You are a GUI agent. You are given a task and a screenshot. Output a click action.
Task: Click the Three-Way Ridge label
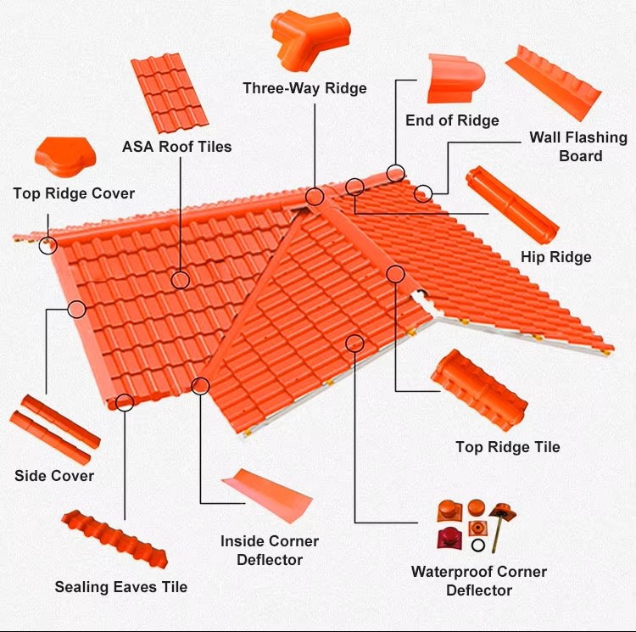tap(304, 88)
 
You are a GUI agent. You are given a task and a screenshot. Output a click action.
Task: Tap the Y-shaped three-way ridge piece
tap(309, 38)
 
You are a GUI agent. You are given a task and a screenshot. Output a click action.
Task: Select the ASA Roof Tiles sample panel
tap(170, 93)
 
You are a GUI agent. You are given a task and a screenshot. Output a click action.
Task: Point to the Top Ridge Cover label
tap(74, 193)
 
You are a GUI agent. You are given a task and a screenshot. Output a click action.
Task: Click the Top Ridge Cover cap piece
tap(65, 157)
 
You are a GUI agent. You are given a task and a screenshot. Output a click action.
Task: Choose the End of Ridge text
tap(452, 120)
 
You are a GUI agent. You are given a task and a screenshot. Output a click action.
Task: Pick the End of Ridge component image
tap(456, 79)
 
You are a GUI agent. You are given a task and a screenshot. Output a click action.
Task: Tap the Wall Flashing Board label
tap(578, 147)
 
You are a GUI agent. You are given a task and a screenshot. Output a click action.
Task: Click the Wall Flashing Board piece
tap(553, 83)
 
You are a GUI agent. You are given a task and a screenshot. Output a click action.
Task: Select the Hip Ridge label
tap(555, 257)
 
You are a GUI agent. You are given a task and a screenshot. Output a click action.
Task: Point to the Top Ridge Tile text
tap(508, 447)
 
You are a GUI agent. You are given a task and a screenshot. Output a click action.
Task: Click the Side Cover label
tap(54, 476)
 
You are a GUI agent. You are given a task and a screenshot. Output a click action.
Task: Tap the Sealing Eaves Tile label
tap(121, 587)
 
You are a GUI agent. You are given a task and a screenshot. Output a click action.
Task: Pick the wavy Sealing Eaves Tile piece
tap(114, 539)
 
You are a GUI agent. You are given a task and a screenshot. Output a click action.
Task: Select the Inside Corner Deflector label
tap(270, 551)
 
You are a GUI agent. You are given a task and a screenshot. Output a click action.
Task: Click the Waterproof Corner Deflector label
tap(479, 581)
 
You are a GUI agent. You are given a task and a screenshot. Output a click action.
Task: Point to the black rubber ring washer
tap(478, 545)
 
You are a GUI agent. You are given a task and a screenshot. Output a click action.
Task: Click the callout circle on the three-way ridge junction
tap(315, 196)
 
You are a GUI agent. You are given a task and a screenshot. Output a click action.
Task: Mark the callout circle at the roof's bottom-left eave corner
tap(125, 402)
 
